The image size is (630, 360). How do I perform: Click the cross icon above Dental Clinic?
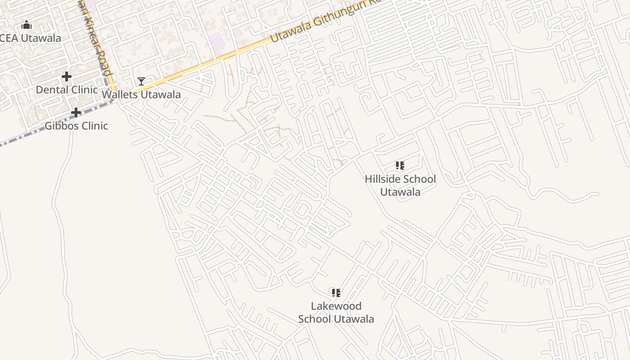pos(67,76)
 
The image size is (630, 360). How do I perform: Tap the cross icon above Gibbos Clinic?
pos(76,112)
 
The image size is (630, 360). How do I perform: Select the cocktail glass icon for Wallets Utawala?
pos(141,81)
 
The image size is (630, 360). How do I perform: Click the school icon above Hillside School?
pos(400,166)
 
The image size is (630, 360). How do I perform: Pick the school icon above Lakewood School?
pos(336,293)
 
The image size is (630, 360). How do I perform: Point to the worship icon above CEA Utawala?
pos(27,25)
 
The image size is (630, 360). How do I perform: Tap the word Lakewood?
pos(336,306)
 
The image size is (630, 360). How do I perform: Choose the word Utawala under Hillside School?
pos(400,192)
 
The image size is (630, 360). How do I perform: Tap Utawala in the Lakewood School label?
pos(351,319)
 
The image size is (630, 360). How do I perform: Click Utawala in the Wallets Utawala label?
pos(161,94)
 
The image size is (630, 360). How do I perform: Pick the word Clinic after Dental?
pos(84,90)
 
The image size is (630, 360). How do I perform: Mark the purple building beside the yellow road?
pos(217,42)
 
